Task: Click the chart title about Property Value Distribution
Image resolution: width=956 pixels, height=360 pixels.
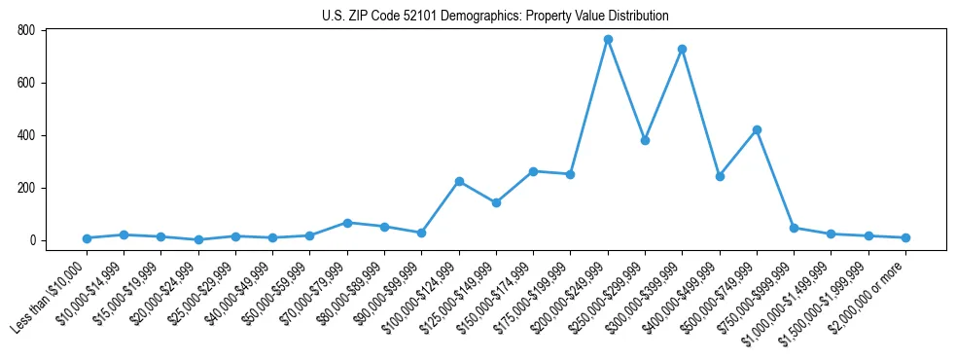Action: [x=495, y=16]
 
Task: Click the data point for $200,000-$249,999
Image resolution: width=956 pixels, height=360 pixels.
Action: [x=608, y=40]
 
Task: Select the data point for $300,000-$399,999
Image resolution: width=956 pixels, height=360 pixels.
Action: [x=683, y=49]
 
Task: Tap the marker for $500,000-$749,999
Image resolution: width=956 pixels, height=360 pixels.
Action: [x=757, y=129]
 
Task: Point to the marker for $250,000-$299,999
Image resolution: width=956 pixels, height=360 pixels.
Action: [x=645, y=140]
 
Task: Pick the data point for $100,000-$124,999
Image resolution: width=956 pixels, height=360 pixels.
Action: [x=459, y=181]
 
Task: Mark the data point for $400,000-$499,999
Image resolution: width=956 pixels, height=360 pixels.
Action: [x=720, y=176]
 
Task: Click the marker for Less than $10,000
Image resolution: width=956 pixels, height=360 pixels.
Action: [x=87, y=238]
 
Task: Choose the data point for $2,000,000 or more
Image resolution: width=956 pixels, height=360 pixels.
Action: [x=905, y=237]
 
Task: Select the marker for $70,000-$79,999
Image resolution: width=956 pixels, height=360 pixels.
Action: [x=347, y=223]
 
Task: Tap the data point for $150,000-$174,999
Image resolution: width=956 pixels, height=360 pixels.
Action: [x=533, y=171]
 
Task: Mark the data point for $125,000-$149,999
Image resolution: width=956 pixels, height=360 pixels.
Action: [x=496, y=202]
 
